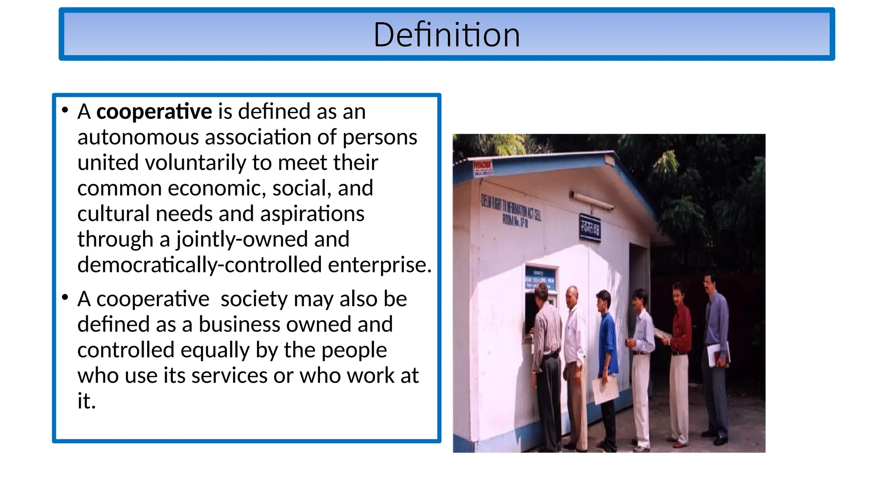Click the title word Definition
pos(447,35)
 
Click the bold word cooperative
pos(154,112)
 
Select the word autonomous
pos(138,138)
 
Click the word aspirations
pos(312,214)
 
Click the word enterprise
pos(379,265)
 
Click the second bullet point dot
pos(65,298)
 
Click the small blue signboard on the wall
pos(589,227)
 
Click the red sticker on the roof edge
pos(483,167)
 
